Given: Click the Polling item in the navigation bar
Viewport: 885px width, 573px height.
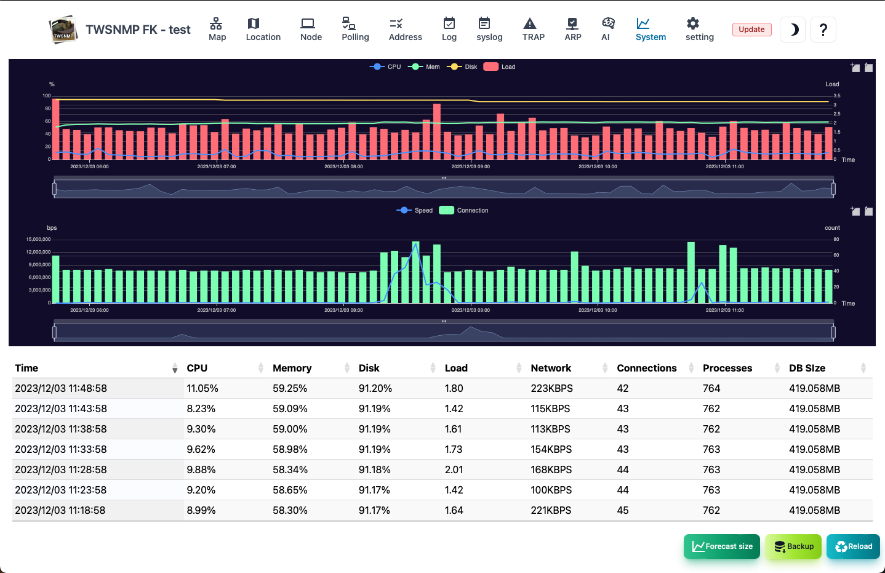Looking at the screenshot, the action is (x=355, y=29).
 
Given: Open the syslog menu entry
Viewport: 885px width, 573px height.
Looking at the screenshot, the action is (x=489, y=29).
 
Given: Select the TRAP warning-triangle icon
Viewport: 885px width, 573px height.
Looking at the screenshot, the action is (x=530, y=24).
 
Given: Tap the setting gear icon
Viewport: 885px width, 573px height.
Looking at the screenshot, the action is (x=692, y=24).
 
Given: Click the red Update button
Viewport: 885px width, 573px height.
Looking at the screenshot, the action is (x=751, y=29).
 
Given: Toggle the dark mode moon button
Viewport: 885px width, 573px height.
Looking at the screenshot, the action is (x=793, y=30).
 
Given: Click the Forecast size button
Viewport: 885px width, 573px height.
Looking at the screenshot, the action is (x=722, y=546).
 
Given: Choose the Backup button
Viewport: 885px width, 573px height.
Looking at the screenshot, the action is (x=793, y=546).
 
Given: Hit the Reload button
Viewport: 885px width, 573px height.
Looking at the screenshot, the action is (x=854, y=546).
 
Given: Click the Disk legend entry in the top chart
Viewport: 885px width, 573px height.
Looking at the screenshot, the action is (x=462, y=67).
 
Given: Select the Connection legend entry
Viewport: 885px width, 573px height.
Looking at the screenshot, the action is (x=464, y=210).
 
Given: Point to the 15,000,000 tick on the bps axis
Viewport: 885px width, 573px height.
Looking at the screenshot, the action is (x=38, y=239).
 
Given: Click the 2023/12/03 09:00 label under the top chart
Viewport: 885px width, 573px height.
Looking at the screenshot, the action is (x=471, y=166).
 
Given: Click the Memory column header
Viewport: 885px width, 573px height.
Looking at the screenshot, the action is (x=292, y=368).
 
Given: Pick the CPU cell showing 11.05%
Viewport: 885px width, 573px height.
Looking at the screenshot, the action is (x=202, y=388).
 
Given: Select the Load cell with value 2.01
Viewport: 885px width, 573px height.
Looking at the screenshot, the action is (x=454, y=469).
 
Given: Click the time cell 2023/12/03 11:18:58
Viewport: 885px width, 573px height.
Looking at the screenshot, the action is (x=60, y=510).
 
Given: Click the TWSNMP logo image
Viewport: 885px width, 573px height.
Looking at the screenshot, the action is (x=63, y=30).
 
